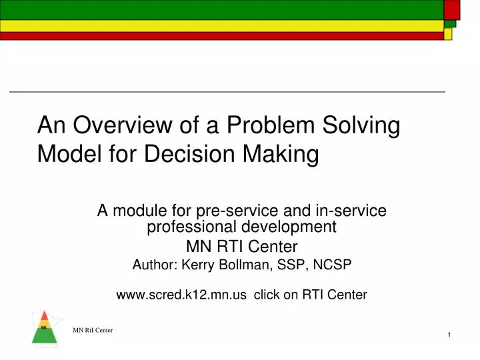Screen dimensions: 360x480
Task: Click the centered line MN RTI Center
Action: (x=241, y=245)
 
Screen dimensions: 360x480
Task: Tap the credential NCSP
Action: (x=333, y=265)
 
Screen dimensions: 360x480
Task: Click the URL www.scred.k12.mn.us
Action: (x=180, y=294)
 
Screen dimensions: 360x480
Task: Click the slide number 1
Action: (x=450, y=334)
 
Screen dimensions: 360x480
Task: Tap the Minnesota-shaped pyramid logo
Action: (x=44, y=327)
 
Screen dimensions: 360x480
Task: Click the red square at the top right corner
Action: (x=452, y=9)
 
